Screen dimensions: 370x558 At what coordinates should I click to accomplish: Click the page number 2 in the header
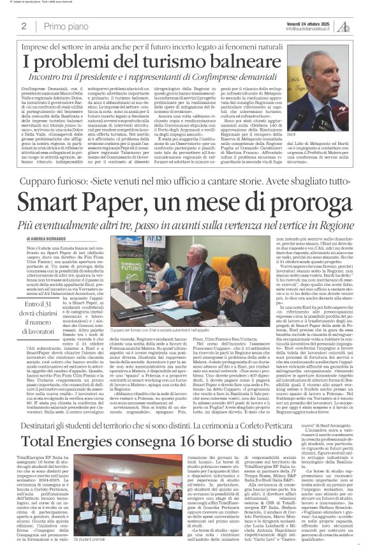(x=23, y=26)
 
